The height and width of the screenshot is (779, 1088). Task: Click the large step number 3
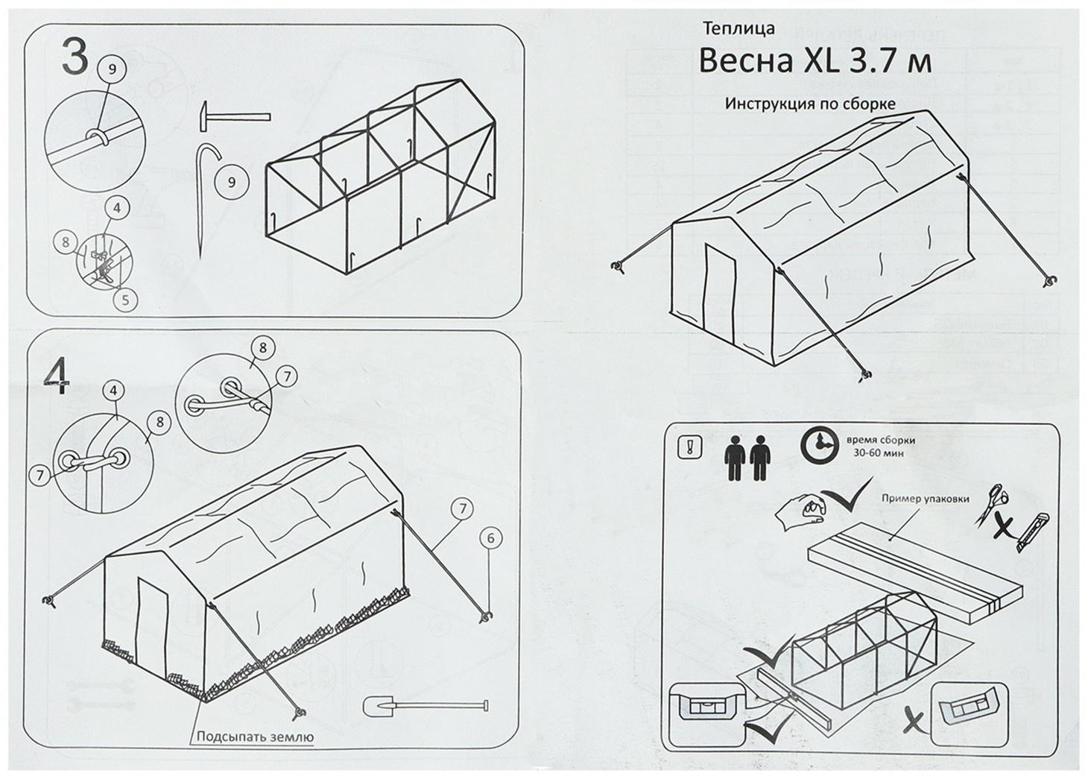73,57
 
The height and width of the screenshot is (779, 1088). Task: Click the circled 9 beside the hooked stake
232,181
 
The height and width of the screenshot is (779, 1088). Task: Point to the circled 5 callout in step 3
125,300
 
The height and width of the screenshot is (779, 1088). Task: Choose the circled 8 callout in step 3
66,242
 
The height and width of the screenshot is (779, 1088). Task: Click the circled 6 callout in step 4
490,537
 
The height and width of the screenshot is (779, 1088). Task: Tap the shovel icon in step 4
425,706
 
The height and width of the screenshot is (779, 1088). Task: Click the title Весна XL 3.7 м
815,61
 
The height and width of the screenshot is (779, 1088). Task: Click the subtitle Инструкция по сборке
810,104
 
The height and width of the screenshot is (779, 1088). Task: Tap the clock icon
818,447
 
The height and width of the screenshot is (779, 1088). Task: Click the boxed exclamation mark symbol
687,447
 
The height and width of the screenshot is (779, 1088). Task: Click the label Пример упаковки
925,499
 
